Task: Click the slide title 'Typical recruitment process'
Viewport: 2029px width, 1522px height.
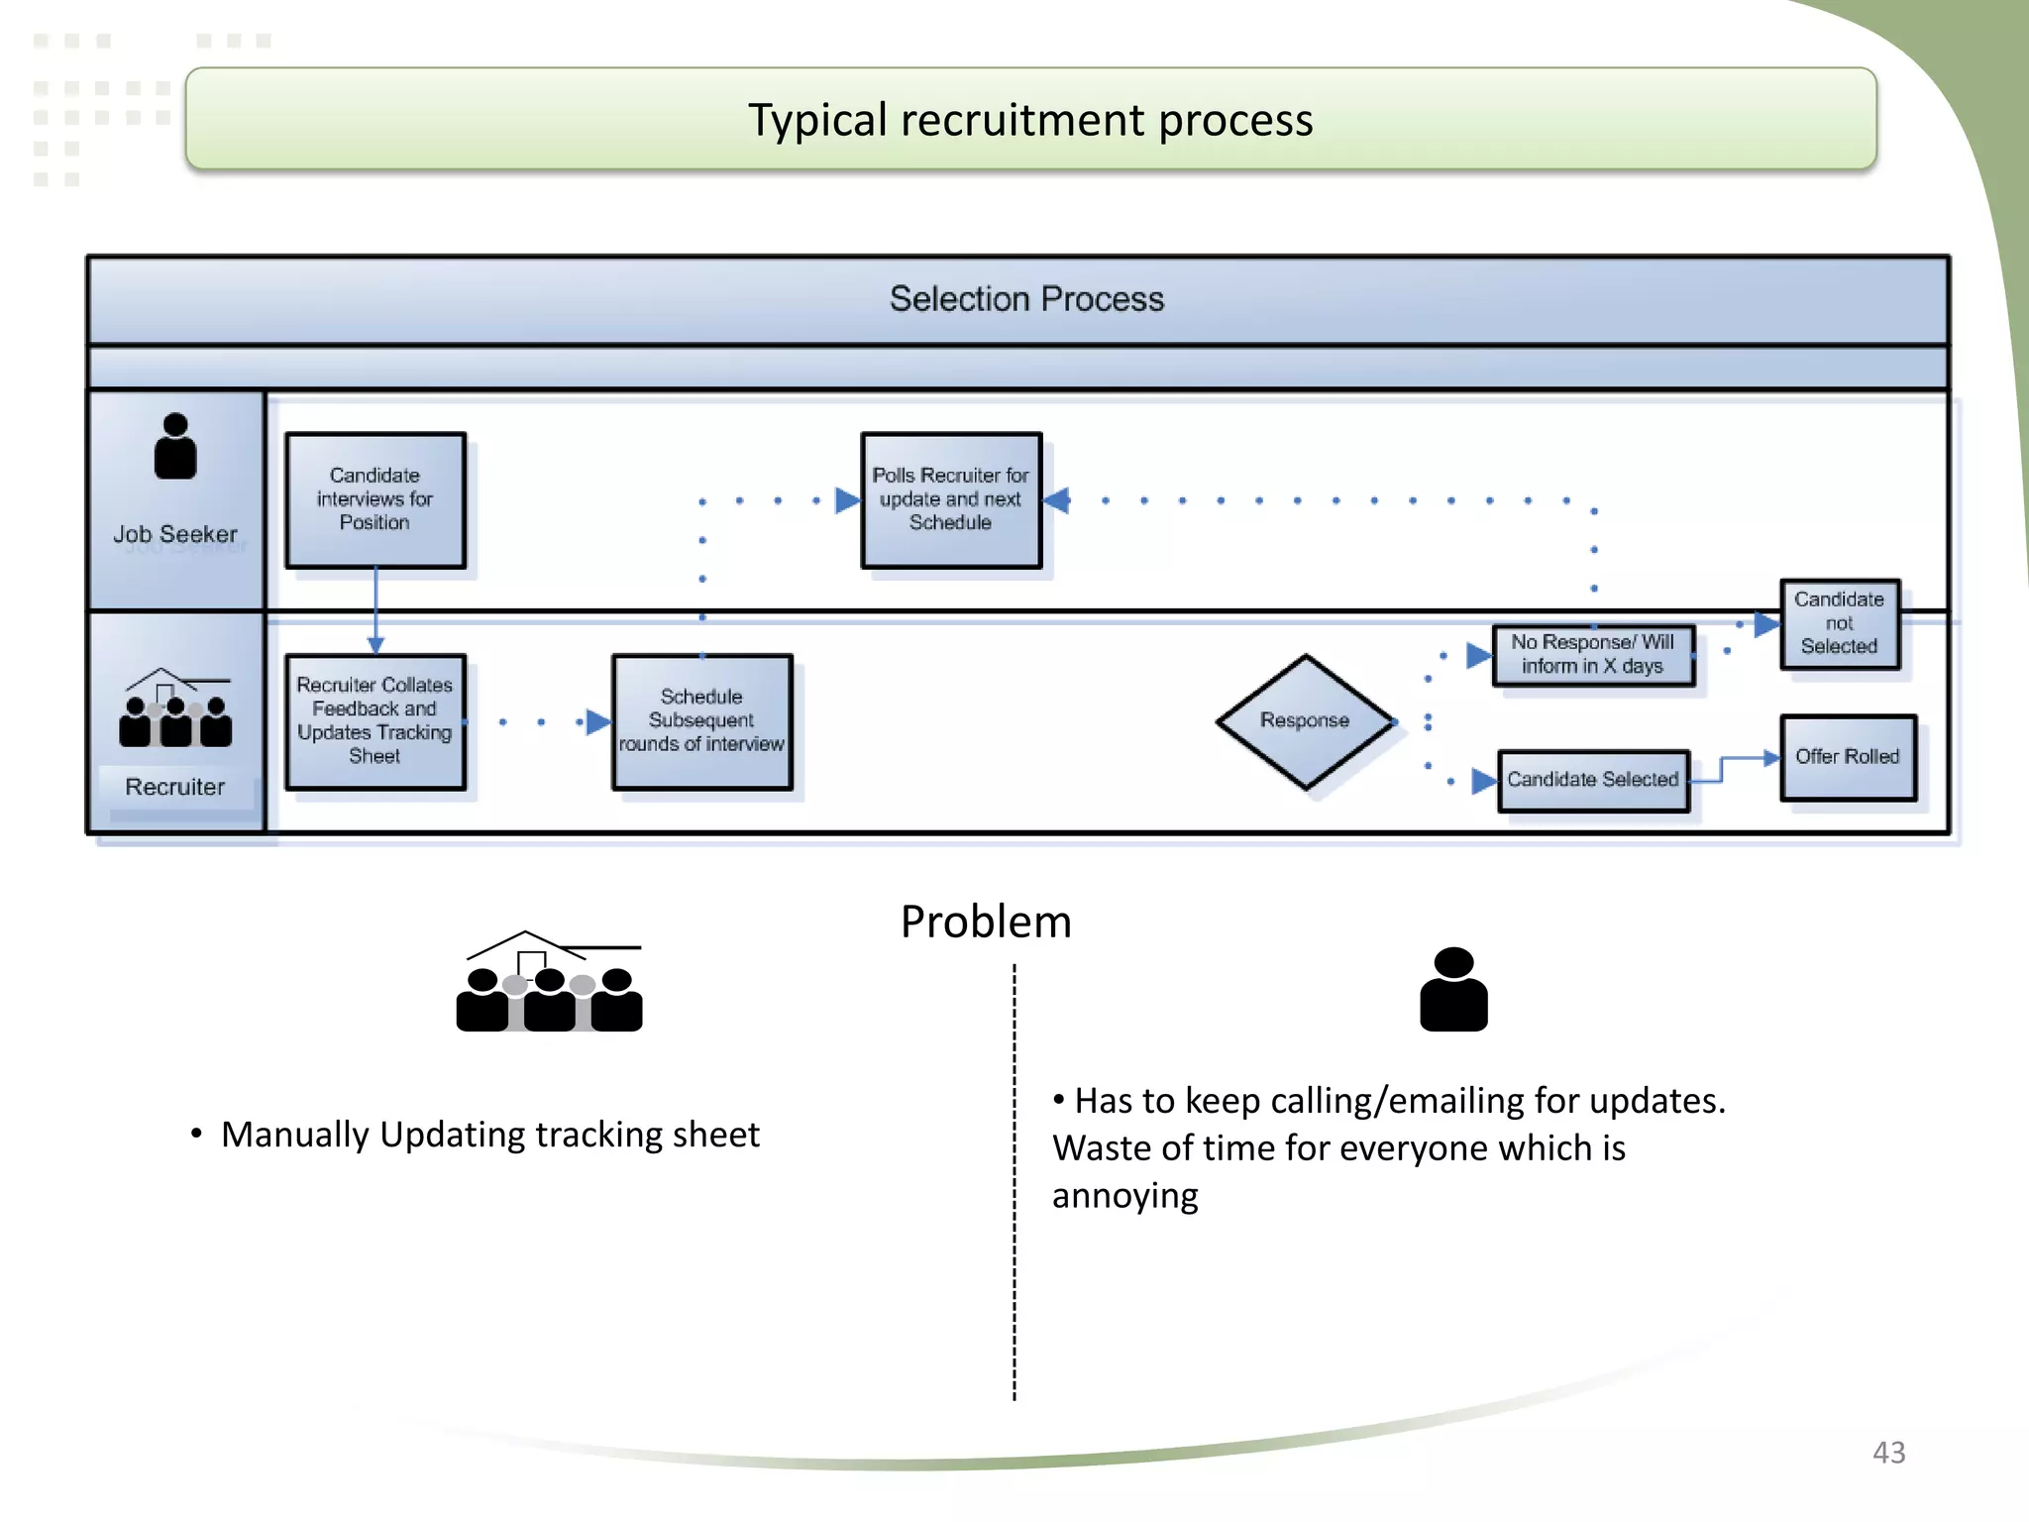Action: pyautogui.click(x=1030, y=120)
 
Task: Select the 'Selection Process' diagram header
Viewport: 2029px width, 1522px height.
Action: pyautogui.click(x=1026, y=299)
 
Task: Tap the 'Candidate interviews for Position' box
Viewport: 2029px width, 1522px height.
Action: pyautogui.click(x=375, y=499)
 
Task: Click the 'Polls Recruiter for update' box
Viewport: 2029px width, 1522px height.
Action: pyautogui.click(x=951, y=499)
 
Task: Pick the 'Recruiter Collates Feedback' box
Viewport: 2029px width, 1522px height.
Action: pyautogui.click(x=375, y=720)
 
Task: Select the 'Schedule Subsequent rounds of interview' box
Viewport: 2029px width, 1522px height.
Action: pyautogui.click(x=701, y=720)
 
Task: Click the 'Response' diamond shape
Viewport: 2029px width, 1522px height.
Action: pyautogui.click(x=1305, y=720)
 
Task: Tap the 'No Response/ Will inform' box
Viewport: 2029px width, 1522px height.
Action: pyautogui.click(x=1593, y=655)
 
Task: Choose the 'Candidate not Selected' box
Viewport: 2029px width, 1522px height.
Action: pyautogui.click(x=1840, y=623)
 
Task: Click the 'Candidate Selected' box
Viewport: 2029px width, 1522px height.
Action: pyautogui.click(x=1593, y=780)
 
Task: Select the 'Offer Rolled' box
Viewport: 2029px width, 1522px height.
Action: pyautogui.click(x=1848, y=757)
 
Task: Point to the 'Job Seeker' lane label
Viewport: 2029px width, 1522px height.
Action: pyautogui.click(x=175, y=534)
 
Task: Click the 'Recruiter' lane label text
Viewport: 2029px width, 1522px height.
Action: pyautogui.click(x=175, y=787)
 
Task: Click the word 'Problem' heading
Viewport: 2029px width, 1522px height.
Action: pyautogui.click(x=986, y=922)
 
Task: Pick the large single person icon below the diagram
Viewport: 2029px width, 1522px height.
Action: pyautogui.click(x=1453, y=989)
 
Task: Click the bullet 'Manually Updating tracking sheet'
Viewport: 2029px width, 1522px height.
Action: pyautogui.click(x=490, y=1135)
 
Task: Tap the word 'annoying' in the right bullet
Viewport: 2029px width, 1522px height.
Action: pyautogui.click(x=1125, y=1196)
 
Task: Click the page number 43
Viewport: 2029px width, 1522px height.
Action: pyautogui.click(x=1888, y=1453)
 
